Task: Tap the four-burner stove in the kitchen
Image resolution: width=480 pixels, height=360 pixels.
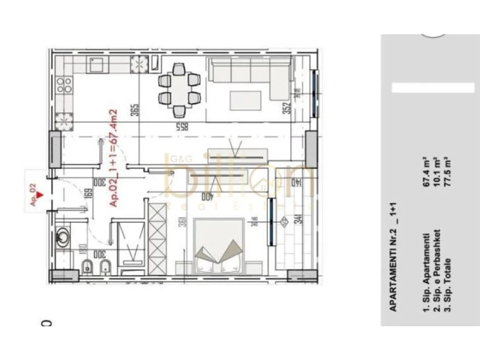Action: [x=64, y=85]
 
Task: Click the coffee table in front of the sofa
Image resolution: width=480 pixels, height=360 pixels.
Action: [x=246, y=100]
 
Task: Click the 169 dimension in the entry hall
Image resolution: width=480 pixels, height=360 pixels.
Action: [x=87, y=194]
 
